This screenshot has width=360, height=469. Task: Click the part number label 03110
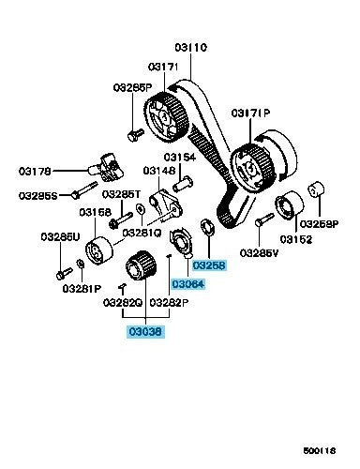[190, 48]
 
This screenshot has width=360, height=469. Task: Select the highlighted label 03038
[145, 331]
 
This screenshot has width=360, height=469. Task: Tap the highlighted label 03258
[209, 265]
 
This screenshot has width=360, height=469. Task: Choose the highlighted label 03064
[188, 284]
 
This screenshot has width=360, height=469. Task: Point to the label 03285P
[132, 87]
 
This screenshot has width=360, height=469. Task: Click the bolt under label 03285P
[136, 135]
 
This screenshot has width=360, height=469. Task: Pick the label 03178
[35, 171]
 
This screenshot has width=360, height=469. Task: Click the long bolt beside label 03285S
[84, 189]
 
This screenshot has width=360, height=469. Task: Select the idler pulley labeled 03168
[99, 250]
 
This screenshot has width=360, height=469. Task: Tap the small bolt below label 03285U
[64, 273]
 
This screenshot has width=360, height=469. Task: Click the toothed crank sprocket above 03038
[141, 266]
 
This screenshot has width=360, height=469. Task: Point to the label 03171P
[250, 113]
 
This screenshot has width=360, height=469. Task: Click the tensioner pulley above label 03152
[289, 206]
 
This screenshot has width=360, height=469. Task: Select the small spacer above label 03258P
[317, 189]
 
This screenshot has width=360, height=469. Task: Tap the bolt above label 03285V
[263, 219]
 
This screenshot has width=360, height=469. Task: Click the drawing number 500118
[320, 450]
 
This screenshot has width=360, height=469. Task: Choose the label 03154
[180, 157]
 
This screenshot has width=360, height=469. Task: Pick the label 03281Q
[142, 233]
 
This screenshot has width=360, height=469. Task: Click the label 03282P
[169, 303]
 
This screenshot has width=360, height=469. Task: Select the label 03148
[159, 171]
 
